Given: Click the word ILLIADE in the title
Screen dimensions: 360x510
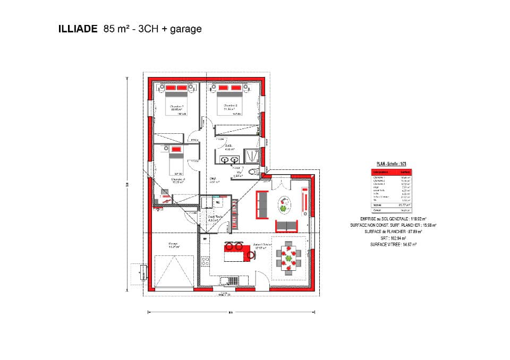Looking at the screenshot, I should point(78,29).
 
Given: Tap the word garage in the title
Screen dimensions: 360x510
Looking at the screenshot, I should point(185,29).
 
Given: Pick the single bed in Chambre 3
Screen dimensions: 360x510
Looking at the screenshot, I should point(176,160).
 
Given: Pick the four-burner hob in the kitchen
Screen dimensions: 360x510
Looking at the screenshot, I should point(205,261).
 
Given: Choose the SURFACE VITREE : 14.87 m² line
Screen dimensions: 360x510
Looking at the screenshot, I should point(393,245).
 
